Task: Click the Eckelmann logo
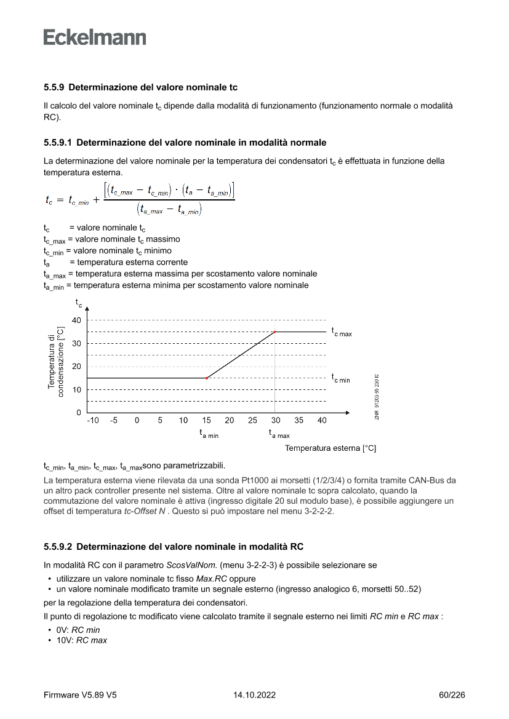95,37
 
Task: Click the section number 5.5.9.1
58,143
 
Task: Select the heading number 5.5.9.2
58,546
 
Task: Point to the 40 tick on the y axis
76,320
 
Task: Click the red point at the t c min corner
206,378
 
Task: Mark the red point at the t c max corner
275,332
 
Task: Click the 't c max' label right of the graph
342,332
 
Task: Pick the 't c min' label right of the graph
341,378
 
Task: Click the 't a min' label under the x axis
208,434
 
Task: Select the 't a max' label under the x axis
279,434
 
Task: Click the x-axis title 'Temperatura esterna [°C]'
330,448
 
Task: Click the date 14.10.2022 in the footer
254,695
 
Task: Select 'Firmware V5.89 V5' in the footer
80,695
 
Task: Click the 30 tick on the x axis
276,421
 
